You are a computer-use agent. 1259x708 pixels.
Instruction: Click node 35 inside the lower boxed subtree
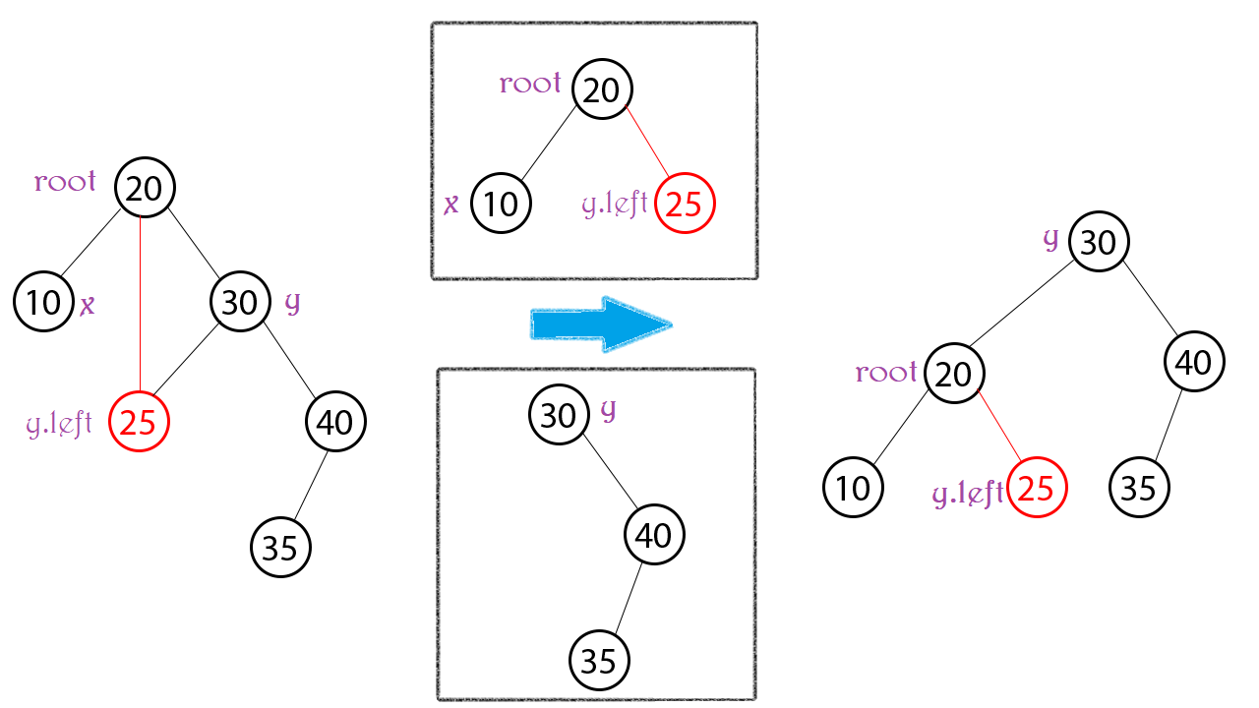point(599,659)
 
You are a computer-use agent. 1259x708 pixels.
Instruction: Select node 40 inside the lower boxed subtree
point(654,535)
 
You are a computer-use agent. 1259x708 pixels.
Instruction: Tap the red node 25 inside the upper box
point(686,205)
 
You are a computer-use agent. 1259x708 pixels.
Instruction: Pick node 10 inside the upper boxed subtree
point(501,204)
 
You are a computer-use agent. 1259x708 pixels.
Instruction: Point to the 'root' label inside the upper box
point(530,85)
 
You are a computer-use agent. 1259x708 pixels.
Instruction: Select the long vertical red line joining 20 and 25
point(141,305)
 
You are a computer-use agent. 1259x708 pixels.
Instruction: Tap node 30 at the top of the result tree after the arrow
point(1099,241)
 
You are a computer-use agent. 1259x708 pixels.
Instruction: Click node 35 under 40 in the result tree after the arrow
point(1139,487)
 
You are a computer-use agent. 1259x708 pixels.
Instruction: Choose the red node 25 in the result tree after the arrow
point(1037,487)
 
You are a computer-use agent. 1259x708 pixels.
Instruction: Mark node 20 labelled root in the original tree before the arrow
point(145,187)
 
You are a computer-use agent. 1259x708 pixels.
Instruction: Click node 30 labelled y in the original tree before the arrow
point(240,302)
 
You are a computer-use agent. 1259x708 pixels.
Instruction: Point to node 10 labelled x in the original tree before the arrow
point(44,302)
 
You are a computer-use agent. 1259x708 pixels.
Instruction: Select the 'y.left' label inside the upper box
point(615,205)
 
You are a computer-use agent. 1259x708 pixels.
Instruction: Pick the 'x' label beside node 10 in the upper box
point(451,205)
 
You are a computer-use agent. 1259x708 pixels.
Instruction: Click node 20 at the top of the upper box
point(601,89)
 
